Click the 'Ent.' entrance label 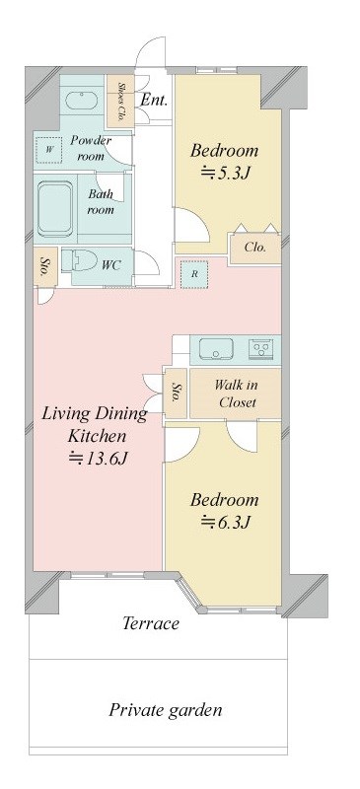coord(154,100)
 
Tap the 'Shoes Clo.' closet coord(119,101)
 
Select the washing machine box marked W coord(49,150)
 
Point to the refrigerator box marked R coord(194,274)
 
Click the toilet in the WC coord(80,260)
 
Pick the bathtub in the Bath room coord(55,209)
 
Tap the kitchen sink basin coord(216,348)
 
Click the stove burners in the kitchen coord(261,348)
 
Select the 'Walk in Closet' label coord(235,394)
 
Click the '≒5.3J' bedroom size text coord(226,174)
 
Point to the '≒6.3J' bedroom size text coord(226,523)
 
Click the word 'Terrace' coord(151,623)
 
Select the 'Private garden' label coord(166,710)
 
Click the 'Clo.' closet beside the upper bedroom coord(254,249)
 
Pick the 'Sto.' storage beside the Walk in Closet coord(176,393)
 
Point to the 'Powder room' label coord(90,148)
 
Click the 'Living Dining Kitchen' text coord(95,424)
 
